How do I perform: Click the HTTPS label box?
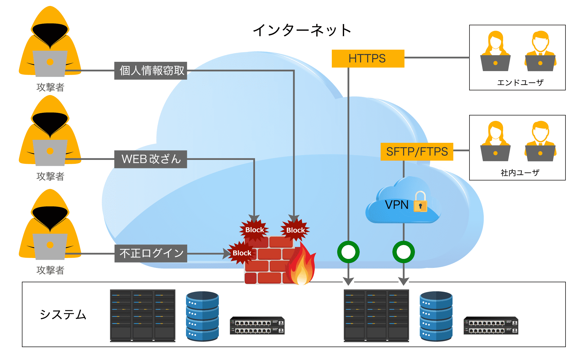tap(368, 58)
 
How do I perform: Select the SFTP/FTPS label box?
tap(417, 152)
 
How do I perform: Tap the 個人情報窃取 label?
tap(151, 71)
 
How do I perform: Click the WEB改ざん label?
tap(151, 159)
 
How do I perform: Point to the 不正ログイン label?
tap(151, 253)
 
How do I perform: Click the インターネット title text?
tap(302, 30)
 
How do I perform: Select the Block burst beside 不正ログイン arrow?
tap(242, 253)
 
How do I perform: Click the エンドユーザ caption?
tap(520, 82)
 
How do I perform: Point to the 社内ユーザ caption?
tap(520, 173)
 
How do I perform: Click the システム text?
tap(63, 315)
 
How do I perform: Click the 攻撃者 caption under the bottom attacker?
tap(50, 270)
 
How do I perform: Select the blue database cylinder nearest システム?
tap(202, 316)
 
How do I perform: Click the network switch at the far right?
tap(491, 325)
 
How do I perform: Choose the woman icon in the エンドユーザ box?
tap(495, 51)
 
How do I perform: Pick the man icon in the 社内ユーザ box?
tap(540, 141)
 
